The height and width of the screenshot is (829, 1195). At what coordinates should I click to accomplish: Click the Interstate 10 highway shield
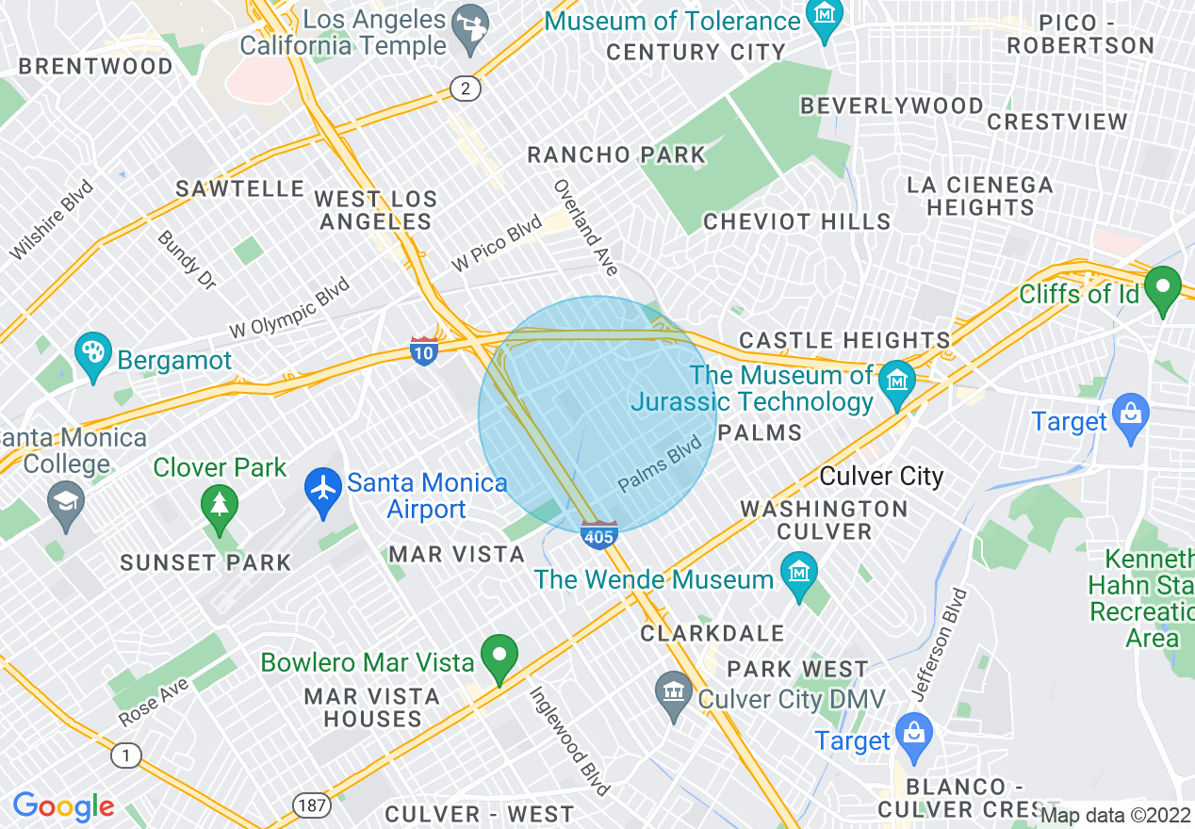click(x=424, y=349)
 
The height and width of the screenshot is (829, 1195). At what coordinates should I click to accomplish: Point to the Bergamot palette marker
click(x=93, y=357)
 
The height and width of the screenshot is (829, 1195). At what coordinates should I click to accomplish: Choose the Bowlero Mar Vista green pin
click(x=499, y=659)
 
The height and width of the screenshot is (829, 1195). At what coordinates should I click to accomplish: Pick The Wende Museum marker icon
click(x=799, y=576)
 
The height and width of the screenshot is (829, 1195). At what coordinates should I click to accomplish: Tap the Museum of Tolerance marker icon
click(x=826, y=20)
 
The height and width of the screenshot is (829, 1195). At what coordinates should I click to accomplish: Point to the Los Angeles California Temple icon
click(x=466, y=34)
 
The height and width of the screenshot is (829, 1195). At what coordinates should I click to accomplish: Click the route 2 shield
click(x=466, y=89)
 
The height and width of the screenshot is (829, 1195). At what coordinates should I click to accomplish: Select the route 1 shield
click(x=125, y=755)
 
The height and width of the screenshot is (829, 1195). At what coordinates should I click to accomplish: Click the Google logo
click(x=63, y=806)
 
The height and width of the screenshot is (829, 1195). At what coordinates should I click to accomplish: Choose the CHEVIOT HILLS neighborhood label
click(x=796, y=222)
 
